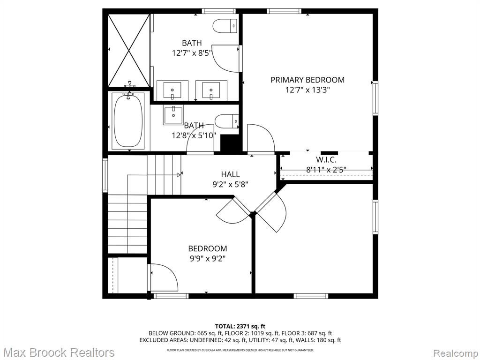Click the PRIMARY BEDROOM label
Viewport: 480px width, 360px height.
point(307,80)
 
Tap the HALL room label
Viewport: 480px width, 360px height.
point(230,174)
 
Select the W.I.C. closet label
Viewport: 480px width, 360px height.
point(326,159)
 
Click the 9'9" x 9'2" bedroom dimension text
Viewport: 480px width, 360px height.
point(208,259)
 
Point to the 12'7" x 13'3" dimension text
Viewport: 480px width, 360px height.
point(307,90)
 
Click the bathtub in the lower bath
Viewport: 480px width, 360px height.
point(128,121)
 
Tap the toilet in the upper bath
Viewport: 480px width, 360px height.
point(225,26)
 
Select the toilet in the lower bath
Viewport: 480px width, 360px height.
point(227,121)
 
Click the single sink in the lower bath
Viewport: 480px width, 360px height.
point(173,115)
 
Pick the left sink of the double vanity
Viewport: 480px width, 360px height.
point(172,90)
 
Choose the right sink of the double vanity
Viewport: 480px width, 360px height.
point(211,90)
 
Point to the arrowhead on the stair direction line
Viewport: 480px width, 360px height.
point(179,175)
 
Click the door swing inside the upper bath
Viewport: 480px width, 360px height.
point(226,59)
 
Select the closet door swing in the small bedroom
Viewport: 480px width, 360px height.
point(164,277)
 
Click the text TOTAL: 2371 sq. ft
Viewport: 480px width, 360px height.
point(240,326)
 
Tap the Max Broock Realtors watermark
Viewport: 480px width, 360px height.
point(59,352)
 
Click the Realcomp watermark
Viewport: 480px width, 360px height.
point(456,353)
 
